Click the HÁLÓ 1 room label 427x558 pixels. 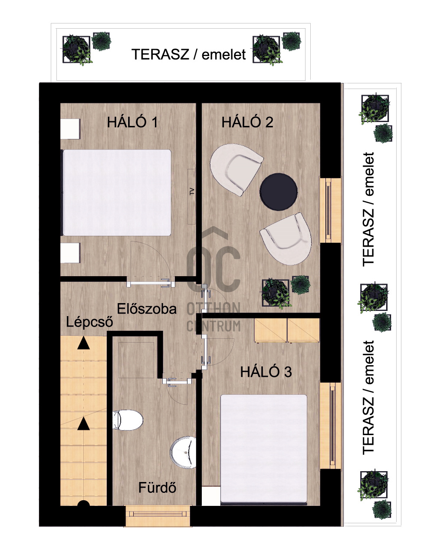point(132,122)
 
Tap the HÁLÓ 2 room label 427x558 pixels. point(247,122)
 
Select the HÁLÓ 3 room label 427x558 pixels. point(266,372)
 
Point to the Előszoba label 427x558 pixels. point(147,309)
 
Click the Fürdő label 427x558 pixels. point(157,487)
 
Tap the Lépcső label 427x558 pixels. point(89,322)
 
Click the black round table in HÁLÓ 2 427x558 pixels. point(279,192)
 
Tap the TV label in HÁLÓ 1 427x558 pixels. point(192,192)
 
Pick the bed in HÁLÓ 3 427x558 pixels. point(263,449)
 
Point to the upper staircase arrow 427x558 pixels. point(84,343)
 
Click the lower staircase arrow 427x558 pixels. point(84,424)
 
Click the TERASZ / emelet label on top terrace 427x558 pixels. point(189,54)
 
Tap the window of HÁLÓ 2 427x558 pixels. point(331,210)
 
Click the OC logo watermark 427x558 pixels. point(213,259)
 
